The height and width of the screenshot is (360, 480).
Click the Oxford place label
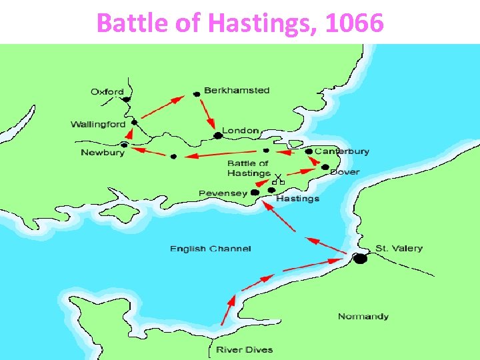(x=107, y=92)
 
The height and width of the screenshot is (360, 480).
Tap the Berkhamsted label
(x=237, y=91)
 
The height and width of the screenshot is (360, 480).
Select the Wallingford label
(x=97, y=125)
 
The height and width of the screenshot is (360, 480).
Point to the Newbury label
(x=103, y=153)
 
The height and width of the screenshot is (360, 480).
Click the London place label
(x=240, y=131)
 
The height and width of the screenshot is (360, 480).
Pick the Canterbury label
(x=342, y=151)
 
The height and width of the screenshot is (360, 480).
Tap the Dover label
(x=345, y=172)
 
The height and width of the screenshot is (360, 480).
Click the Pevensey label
(x=223, y=193)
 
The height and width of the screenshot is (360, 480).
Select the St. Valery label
(x=399, y=249)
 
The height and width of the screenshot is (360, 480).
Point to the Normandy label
(x=363, y=316)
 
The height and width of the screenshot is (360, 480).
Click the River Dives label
(x=244, y=349)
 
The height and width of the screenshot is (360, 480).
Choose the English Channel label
(x=211, y=249)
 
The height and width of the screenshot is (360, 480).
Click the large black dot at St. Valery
(x=360, y=259)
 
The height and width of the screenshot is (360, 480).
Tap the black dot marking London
(x=217, y=136)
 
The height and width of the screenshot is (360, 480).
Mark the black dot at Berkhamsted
(x=197, y=95)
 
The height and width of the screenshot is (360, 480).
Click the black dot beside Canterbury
(x=309, y=152)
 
